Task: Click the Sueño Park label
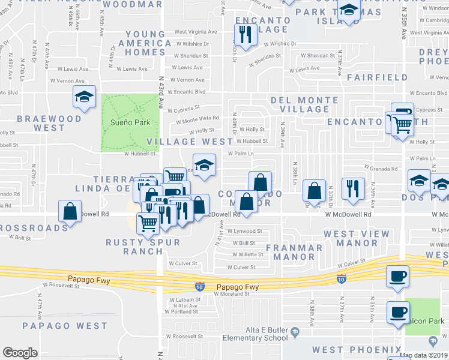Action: tap(125, 122)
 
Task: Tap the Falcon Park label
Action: tap(427, 322)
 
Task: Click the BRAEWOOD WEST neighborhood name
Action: tap(49, 123)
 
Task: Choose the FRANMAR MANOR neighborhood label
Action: tap(294, 252)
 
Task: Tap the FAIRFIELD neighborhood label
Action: tap(377, 77)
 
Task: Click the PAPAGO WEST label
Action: tap(65, 326)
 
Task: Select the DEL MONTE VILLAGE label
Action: tap(304, 104)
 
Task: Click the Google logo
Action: tap(20, 353)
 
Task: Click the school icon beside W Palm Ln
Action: tap(204, 164)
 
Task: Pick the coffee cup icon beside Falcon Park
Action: tap(397, 312)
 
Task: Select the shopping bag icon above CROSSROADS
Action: tap(70, 211)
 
